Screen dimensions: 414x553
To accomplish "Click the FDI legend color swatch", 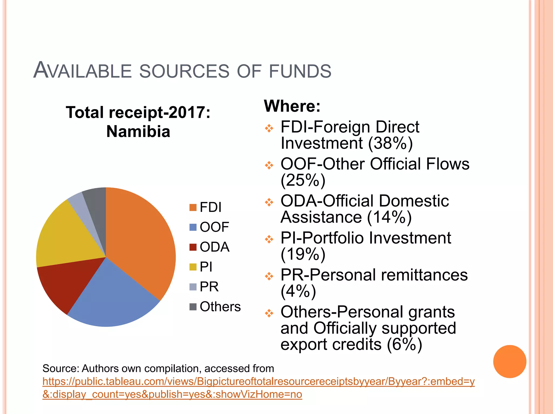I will tap(193, 208).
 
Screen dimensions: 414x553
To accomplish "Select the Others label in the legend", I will tap(220, 307).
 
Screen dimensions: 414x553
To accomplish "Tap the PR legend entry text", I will tap(209, 287).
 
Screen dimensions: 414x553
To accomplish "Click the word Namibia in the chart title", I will tap(138, 132).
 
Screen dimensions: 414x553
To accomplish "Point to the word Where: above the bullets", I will tap(292, 106).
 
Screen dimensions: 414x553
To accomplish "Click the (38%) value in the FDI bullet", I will tap(390, 143).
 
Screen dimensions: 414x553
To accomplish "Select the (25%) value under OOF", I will tap(303, 180).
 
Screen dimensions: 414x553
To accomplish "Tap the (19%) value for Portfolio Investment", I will tap(303, 254).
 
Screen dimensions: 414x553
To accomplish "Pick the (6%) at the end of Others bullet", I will tap(404, 344).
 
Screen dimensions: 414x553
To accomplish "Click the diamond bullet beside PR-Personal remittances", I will tap(269, 276).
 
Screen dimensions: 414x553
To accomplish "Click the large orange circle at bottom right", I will tap(510, 361).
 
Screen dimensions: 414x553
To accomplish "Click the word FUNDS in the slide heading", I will tap(300, 71).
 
